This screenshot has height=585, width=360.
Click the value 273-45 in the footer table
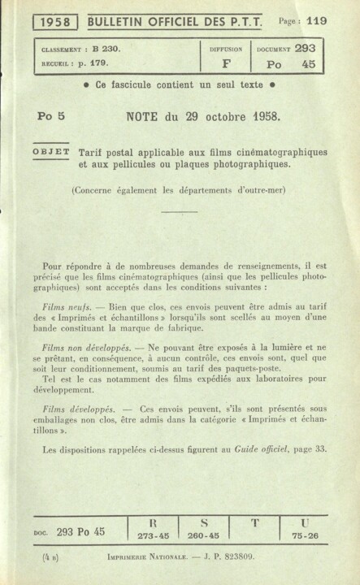(154, 536)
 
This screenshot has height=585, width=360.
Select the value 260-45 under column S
(204, 536)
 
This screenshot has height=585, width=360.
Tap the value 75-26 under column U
(304, 536)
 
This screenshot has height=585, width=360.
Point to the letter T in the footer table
(254, 523)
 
